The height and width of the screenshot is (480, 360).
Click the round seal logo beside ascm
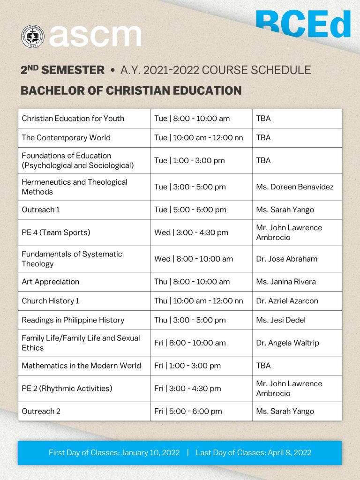point(32,36)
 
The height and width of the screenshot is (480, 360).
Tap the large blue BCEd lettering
point(303,24)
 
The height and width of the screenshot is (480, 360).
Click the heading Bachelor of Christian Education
point(131,90)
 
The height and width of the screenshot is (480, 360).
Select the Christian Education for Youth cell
point(73,119)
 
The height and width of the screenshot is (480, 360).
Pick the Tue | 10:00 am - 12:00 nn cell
point(199,138)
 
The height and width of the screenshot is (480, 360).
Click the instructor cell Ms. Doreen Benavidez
point(295,187)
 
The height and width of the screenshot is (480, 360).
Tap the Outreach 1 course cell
point(41,210)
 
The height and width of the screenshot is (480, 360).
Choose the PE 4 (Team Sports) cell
point(56,232)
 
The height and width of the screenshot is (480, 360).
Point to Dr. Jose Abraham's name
point(286,259)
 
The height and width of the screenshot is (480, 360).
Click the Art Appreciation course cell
point(51,282)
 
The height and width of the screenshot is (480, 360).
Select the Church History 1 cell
point(51,301)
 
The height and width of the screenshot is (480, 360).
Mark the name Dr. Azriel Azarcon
point(287,301)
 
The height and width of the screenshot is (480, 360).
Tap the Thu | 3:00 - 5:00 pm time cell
point(190,320)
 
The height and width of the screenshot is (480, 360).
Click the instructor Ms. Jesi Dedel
point(281,320)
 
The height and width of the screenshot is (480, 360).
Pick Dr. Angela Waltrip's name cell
point(287,343)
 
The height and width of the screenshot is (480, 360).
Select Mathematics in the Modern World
point(81,366)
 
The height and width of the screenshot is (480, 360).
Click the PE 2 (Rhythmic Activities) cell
point(67,389)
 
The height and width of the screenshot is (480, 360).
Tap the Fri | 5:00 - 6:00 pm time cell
point(188,412)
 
